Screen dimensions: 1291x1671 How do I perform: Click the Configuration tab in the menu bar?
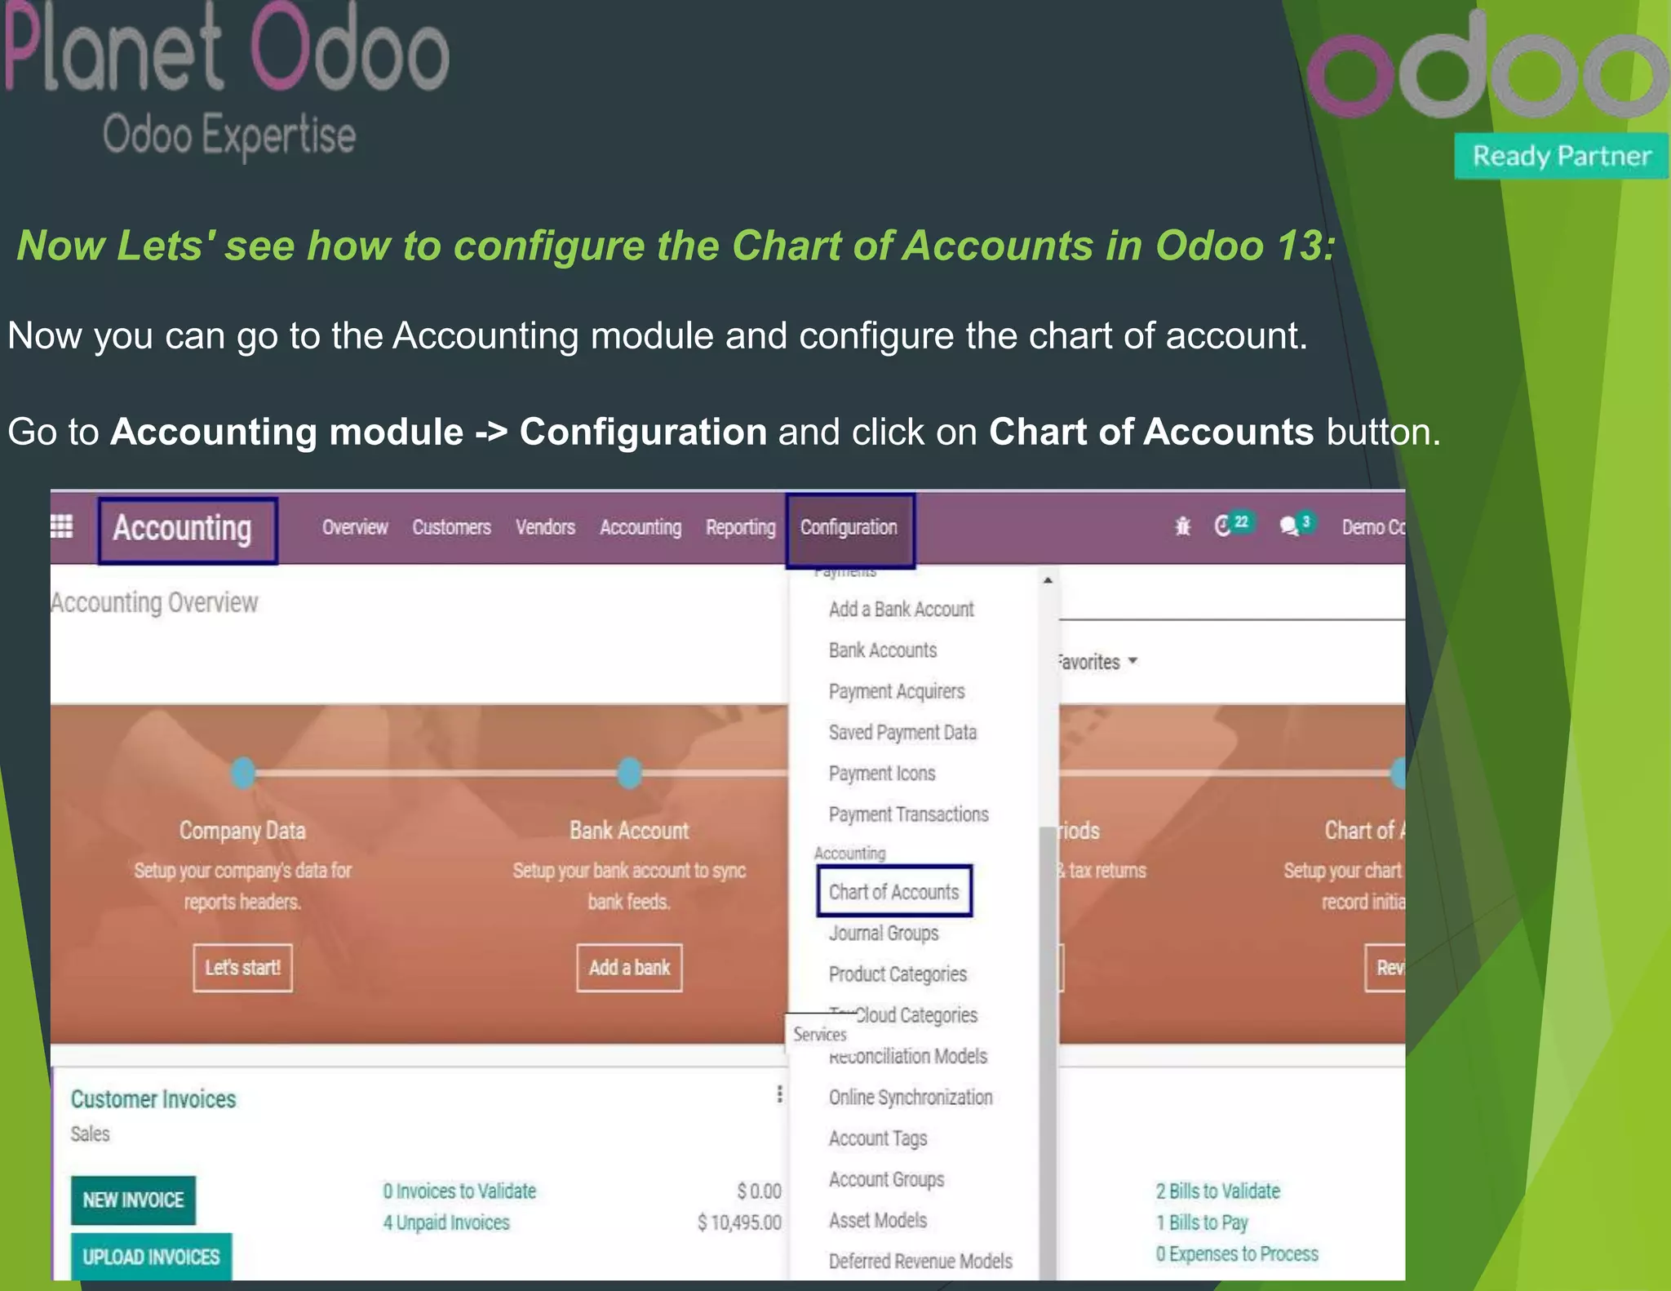[849, 528]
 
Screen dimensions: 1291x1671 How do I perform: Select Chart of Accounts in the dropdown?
[893, 892]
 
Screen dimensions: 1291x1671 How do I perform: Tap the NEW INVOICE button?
[133, 1200]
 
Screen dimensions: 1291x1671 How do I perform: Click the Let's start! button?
[242, 968]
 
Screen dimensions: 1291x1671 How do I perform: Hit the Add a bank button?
[629, 968]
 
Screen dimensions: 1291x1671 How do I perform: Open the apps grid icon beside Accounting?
[62, 527]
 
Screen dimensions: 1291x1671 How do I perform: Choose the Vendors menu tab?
[545, 528]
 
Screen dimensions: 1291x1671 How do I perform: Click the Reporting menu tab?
[740, 528]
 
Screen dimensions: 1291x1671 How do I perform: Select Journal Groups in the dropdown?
[884, 933]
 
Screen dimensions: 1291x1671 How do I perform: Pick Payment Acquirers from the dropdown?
[897, 691]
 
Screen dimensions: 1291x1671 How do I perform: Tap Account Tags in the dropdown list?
[878, 1138]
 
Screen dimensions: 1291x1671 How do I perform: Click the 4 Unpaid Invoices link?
[446, 1222]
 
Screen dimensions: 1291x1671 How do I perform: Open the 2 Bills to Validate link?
[1217, 1191]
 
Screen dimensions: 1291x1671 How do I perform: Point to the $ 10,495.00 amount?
[739, 1222]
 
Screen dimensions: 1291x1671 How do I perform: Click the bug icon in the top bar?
[1182, 527]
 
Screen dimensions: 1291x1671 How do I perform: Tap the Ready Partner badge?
[1561, 156]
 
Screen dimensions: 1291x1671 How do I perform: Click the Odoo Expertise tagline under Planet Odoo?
[229, 135]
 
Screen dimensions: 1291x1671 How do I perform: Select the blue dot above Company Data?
[243, 772]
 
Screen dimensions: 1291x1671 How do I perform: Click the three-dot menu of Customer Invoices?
[779, 1094]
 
